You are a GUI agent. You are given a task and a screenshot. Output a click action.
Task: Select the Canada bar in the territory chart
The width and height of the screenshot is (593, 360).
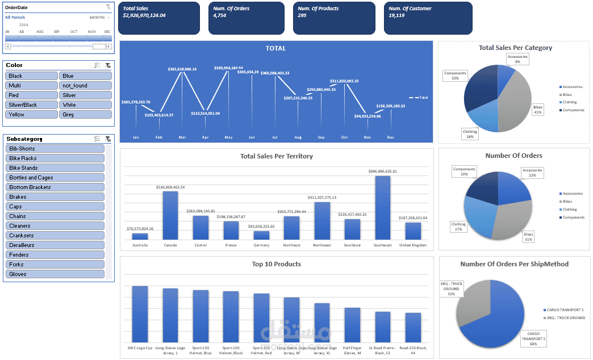(170, 215)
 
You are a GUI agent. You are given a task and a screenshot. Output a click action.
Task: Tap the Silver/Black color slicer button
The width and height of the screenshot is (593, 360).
(31, 105)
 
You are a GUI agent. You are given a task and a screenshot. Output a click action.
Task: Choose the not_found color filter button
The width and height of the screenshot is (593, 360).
(85, 86)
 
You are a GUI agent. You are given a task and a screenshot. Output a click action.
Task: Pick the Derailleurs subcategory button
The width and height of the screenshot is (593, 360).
(56, 245)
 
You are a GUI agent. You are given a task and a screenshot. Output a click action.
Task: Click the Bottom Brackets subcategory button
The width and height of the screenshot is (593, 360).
(56, 187)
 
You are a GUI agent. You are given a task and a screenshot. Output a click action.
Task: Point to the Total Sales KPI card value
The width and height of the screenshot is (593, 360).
(144, 15)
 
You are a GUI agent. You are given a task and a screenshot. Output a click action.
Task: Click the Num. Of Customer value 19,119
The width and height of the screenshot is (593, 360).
(396, 15)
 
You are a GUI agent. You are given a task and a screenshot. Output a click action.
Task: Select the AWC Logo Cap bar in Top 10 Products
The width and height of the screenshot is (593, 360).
(140, 314)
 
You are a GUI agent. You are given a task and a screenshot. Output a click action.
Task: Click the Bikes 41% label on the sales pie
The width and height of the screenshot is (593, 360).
(537, 110)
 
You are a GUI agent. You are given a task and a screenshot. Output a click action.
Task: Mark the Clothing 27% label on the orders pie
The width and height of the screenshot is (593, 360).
(458, 227)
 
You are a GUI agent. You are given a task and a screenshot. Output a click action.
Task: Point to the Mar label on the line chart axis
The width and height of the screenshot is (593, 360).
(182, 137)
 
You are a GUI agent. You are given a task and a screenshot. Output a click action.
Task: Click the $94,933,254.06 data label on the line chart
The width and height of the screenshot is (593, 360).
(368, 116)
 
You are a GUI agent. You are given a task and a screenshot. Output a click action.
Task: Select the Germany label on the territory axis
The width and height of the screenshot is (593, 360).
(261, 245)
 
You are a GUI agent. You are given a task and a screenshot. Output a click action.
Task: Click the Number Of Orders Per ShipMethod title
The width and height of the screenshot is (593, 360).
(514, 263)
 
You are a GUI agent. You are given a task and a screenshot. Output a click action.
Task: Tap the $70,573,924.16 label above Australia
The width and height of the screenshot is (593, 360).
(140, 229)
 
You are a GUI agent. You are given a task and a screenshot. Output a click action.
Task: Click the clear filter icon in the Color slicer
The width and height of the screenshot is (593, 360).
(108, 66)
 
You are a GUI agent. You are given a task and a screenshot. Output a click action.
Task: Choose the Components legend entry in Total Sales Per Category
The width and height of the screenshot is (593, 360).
(573, 110)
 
